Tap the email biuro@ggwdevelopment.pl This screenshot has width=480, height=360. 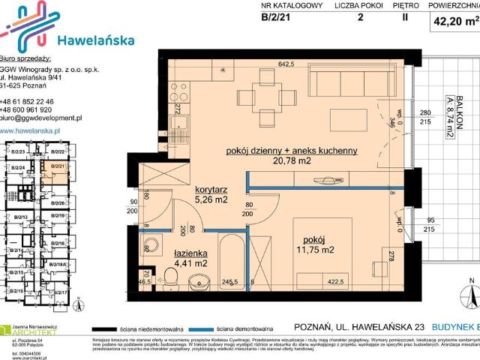(41, 118)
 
